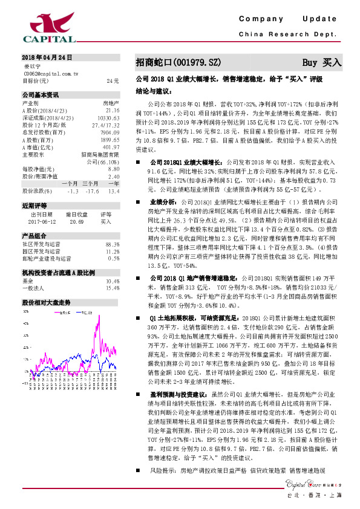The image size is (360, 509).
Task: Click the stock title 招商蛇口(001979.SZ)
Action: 178,63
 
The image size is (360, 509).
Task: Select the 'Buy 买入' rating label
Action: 322,63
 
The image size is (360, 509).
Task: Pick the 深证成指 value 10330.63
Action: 108,118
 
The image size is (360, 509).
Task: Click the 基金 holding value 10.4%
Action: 112,281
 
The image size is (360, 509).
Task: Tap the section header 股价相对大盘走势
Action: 47,302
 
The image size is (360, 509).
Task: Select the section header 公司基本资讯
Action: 41,95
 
